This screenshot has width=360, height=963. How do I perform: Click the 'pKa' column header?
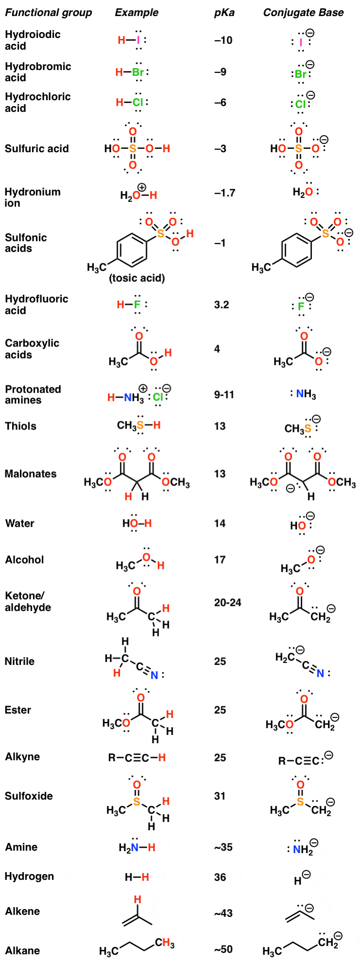[x=224, y=13]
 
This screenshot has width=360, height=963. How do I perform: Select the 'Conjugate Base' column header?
[x=303, y=13]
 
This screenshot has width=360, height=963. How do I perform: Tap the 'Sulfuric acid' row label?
[x=37, y=149]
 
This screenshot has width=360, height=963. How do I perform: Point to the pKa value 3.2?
[x=221, y=305]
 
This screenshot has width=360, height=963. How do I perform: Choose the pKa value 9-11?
[x=224, y=394]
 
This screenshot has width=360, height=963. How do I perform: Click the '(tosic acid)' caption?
[x=137, y=278]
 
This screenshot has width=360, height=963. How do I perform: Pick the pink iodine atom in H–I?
[x=138, y=41]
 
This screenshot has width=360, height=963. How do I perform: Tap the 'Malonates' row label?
[x=31, y=474]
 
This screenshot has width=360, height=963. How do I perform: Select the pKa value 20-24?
[x=228, y=603]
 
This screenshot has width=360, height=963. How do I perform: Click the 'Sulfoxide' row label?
[x=29, y=796]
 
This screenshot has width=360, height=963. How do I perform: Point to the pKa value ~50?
[x=223, y=949]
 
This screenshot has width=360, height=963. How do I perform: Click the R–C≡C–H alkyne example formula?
[x=137, y=758]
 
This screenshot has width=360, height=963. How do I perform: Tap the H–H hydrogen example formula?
[x=137, y=877]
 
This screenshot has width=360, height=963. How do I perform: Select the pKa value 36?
[x=220, y=877]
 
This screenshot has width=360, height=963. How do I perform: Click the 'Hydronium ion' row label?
[x=33, y=197]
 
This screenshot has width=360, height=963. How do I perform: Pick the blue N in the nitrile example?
[x=154, y=675]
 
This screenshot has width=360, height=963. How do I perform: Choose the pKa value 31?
[x=220, y=796]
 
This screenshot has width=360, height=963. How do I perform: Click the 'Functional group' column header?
[x=48, y=13]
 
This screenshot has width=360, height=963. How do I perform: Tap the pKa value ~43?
[x=223, y=913]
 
